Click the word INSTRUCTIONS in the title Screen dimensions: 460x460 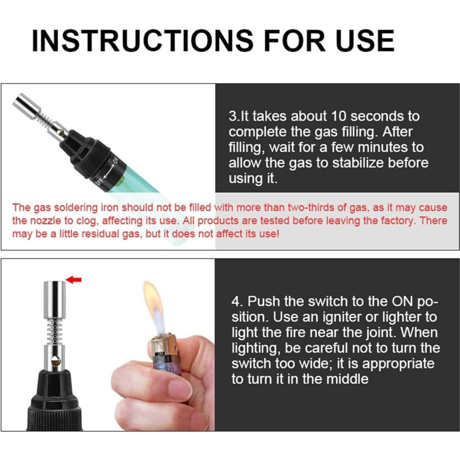click(143, 40)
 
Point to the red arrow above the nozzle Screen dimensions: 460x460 click(73, 280)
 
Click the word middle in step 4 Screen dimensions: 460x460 click(348, 379)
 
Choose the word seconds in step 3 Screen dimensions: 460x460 click(377, 116)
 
